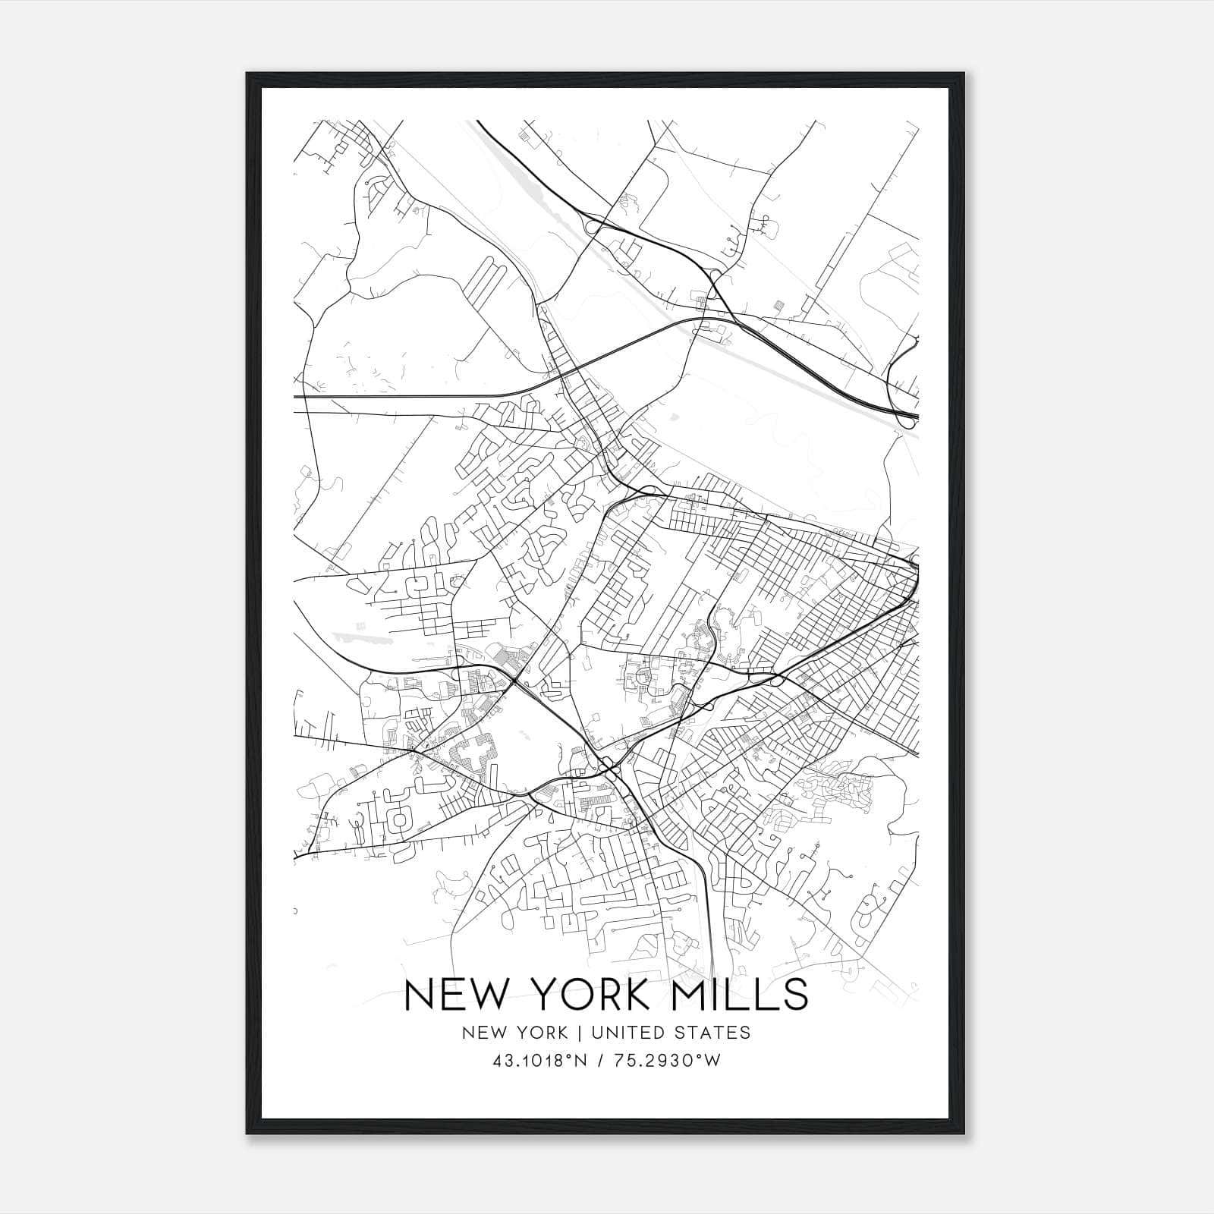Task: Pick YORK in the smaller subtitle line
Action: click(x=539, y=1033)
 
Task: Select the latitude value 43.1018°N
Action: click(x=540, y=1061)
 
